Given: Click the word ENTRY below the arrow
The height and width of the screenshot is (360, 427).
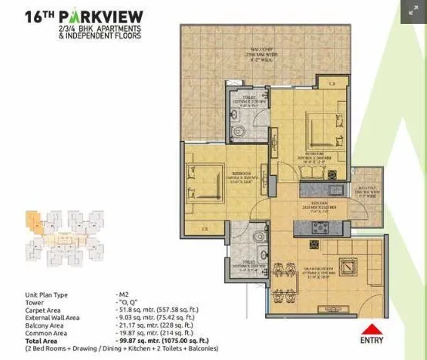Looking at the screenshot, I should pos(374,338).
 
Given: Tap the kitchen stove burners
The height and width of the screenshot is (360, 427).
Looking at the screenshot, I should pos(318,227).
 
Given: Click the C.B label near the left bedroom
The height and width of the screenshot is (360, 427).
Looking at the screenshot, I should pos(204,228).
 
